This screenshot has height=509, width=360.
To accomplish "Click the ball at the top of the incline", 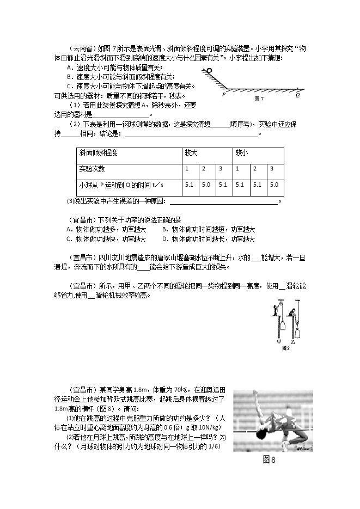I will coord(207,70).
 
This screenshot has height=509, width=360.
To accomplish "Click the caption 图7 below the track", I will coord(259,99).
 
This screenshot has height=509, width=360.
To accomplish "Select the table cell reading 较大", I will coord(191,154).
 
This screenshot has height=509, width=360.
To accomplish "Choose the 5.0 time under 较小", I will coord(274,185).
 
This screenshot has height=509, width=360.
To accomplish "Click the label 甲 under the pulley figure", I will coord(279,342).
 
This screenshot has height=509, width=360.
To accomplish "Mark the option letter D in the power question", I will coord(164,238).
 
